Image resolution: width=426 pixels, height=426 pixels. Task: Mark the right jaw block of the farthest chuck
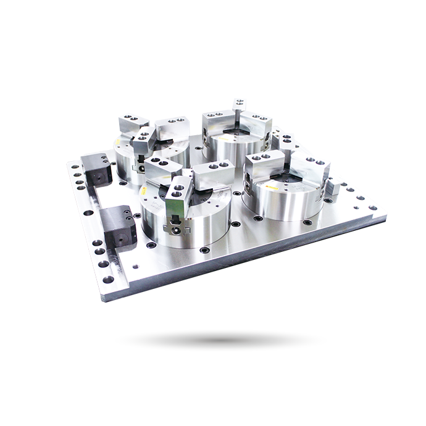click(x=254, y=122)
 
